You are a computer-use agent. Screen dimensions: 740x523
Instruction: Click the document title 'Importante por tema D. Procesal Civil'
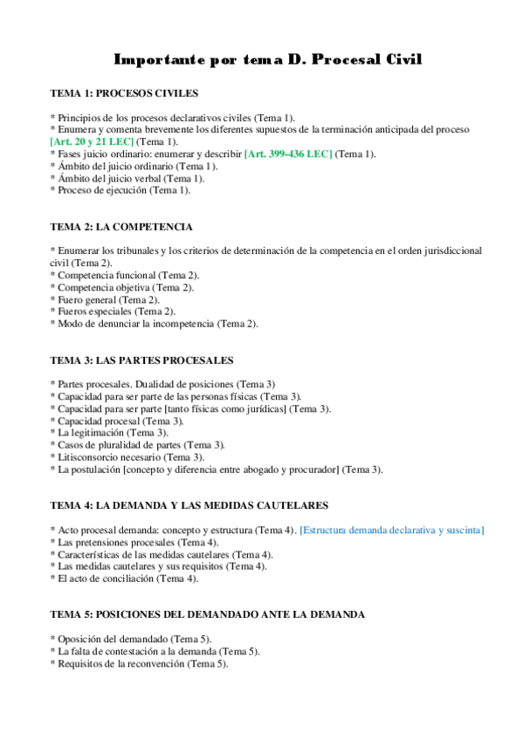pyautogui.click(x=268, y=59)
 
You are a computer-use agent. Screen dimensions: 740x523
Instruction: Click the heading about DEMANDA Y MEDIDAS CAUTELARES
pyautogui.click(x=189, y=505)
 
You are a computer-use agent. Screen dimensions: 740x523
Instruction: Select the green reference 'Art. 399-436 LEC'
pyautogui.click(x=289, y=154)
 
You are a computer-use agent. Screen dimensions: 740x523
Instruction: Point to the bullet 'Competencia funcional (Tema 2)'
pyautogui.click(x=127, y=275)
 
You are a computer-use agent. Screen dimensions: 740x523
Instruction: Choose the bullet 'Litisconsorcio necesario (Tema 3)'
pyautogui.click(x=131, y=456)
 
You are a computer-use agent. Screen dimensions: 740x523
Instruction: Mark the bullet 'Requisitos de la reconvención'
pyautogui.click(x=142, y=663)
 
